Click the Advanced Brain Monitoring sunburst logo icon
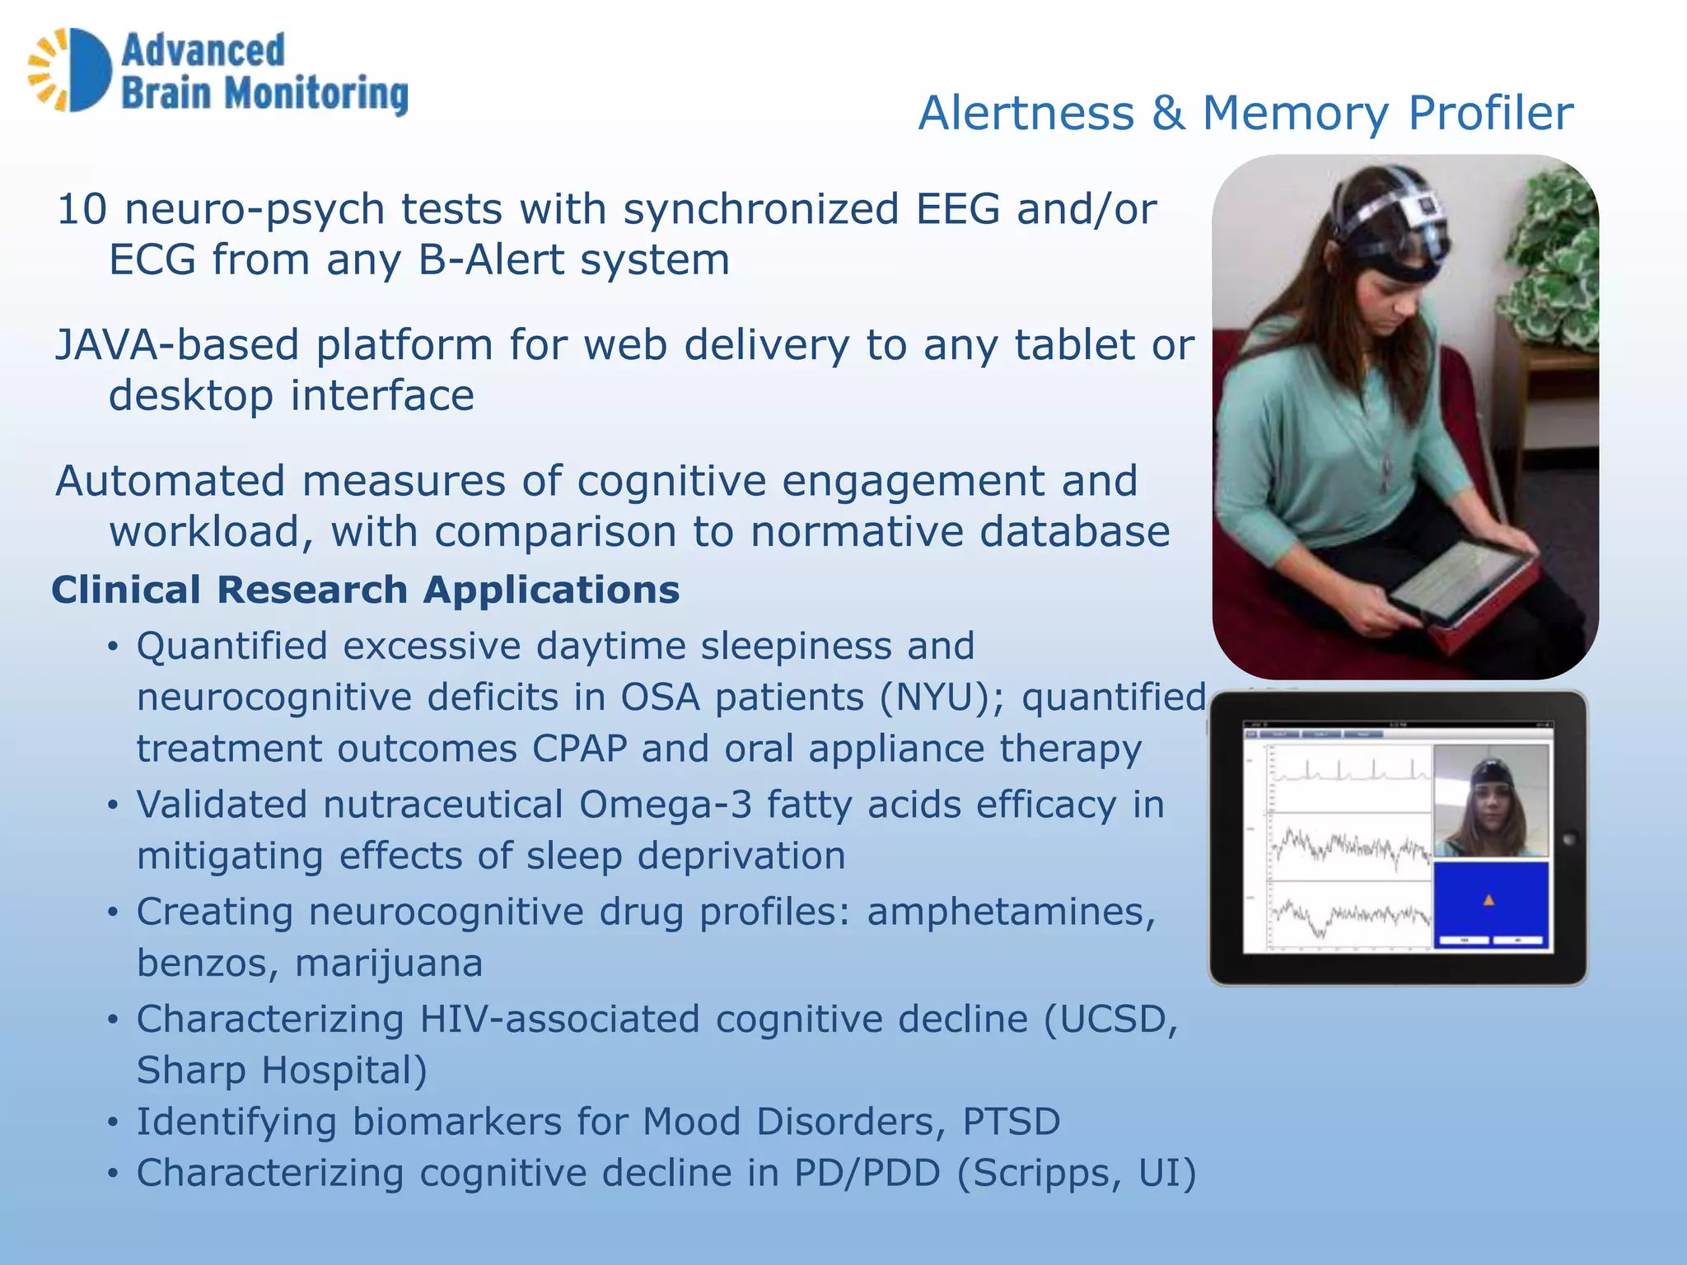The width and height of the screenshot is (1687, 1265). [x=70, y=70]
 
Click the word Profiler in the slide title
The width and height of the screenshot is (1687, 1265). [x=1490, y=113]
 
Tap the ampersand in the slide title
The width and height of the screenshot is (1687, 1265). [x=1168, y=113]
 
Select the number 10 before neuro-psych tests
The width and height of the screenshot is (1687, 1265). [x=82, y=209]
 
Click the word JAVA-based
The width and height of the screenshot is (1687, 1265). [x=176, y=345]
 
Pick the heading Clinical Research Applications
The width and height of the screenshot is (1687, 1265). [x=366, y=590]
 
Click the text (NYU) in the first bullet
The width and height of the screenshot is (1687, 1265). [x=935, y=698]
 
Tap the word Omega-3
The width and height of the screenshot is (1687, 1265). [x=665, y=805]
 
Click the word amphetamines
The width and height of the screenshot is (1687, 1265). [x=1011, y=912]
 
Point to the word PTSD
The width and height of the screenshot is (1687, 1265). [x=1012, y=1122]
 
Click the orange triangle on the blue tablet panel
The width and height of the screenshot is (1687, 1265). [x=1488, y=900]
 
